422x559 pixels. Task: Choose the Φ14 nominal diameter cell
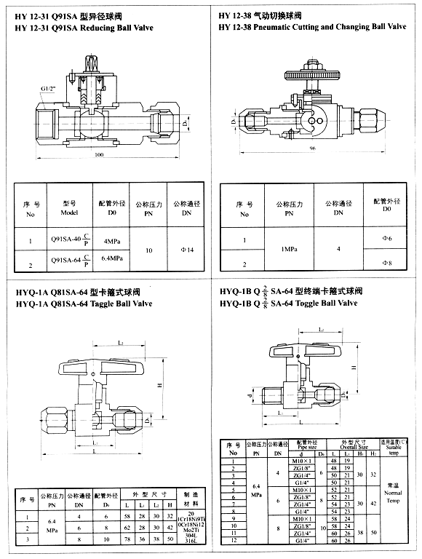pos(186,250)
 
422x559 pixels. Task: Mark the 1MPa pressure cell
pos(289,249)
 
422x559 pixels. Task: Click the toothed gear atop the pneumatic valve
pos(312,74)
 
